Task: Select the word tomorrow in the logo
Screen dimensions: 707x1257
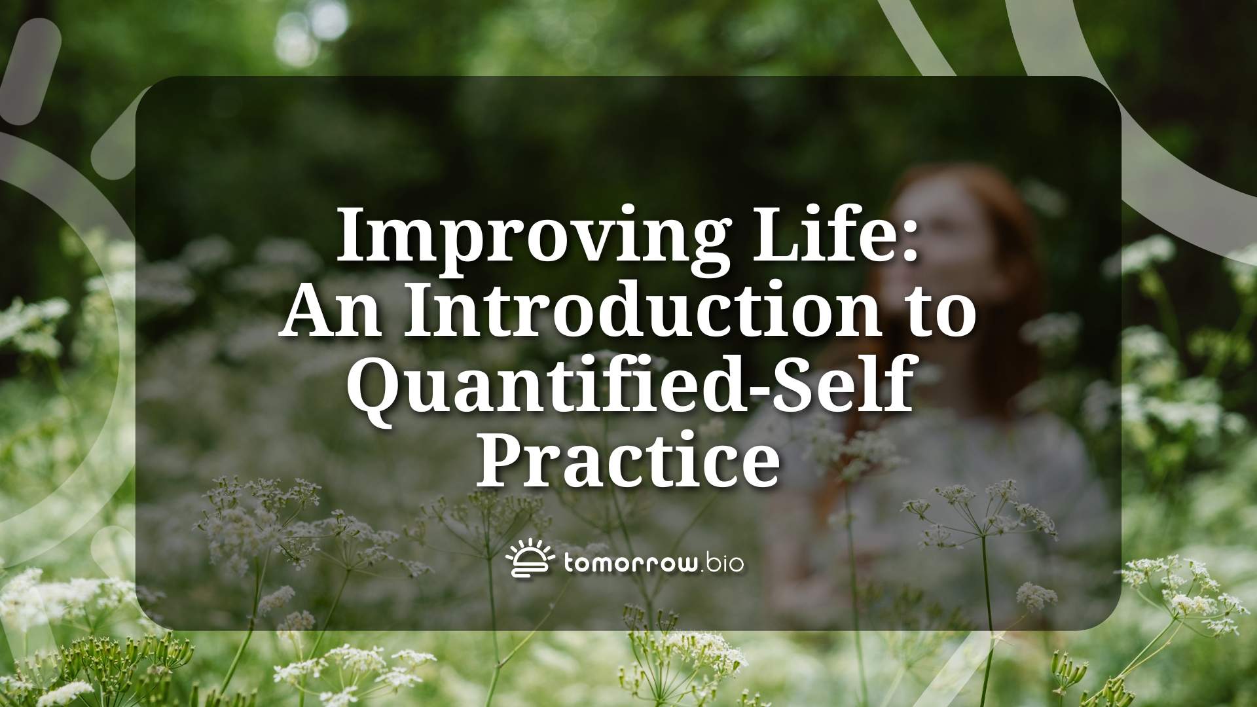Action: pyautogui.click(x=627, y=564)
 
